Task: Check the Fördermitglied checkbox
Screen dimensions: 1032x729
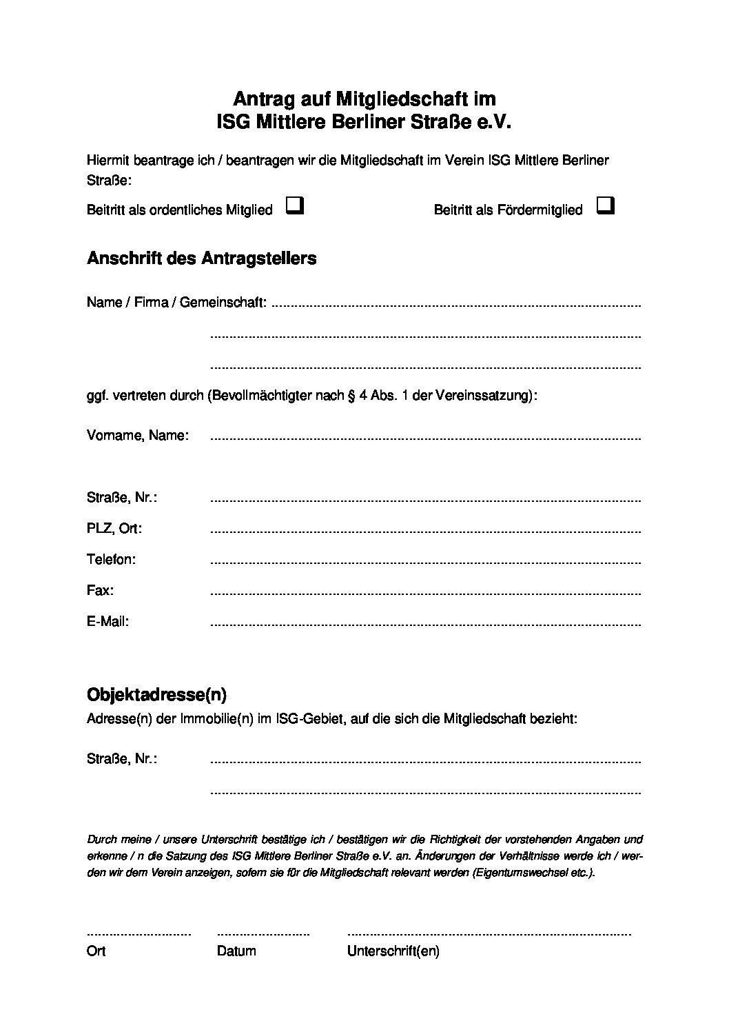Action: point(606,206)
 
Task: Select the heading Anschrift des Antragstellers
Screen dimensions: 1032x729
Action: point(201,259)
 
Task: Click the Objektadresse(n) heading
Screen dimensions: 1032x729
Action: point(156,694)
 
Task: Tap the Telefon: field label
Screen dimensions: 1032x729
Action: point(111,559)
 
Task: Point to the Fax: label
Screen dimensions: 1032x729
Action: point(101,590)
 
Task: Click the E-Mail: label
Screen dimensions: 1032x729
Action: point(108,621)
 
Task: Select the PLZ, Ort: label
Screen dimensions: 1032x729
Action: point(114,528)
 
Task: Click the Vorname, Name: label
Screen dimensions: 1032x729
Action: point(137,436)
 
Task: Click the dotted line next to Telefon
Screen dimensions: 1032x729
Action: point(425,562)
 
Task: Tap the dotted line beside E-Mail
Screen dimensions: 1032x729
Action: point(425,625)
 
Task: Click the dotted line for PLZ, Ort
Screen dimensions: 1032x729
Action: point(425,532)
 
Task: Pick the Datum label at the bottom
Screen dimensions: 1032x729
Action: point(236,951)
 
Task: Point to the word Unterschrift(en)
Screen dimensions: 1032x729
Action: point(393,951)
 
